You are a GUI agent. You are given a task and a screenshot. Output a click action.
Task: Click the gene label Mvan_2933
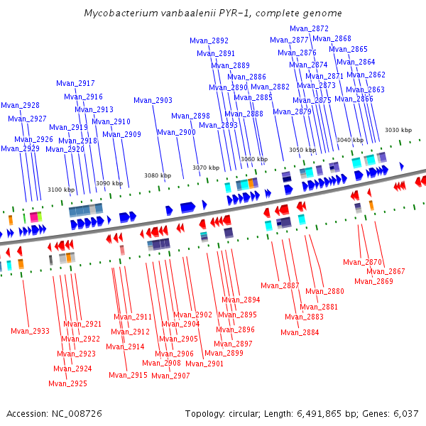click(x=30, y=331)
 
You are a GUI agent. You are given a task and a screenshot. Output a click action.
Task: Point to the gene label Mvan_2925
click(x=67, y=383)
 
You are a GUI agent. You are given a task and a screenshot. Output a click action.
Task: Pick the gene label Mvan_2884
click(x=300, y=332)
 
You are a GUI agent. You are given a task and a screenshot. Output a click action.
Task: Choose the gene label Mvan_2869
click(x=373, y=281)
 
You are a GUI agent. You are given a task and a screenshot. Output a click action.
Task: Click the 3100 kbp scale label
click(x=61, y=190)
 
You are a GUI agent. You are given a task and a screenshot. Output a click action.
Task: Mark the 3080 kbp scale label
click(x=158, y=175)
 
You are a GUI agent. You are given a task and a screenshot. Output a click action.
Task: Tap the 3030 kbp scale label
click(x=398, y=130)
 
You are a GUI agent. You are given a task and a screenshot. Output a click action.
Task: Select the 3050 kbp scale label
click(x=302, y=150)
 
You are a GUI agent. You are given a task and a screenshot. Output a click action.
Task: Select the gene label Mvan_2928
click(x=20, y=105)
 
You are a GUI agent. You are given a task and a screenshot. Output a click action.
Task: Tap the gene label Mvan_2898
click(x=190, y=116)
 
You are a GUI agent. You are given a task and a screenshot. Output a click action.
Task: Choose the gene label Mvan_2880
click(x=324, y=291)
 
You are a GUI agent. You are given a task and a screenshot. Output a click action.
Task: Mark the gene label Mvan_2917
click(x=75, y=83)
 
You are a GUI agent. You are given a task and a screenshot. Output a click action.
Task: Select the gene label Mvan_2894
click(x=241, y=300)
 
